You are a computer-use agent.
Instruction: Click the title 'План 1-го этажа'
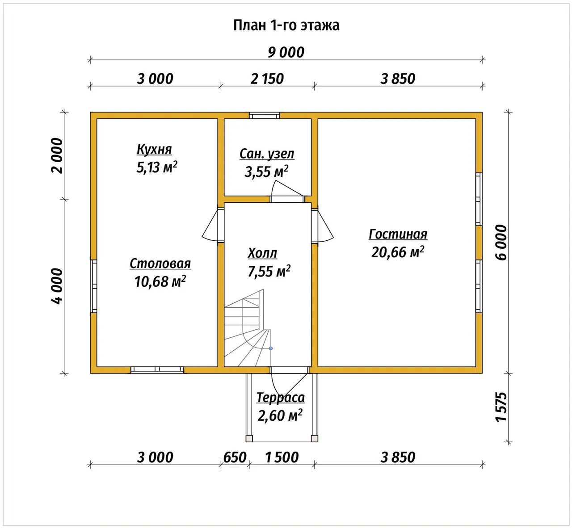tap(286, 25)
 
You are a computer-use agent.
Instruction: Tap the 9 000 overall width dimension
tap(286, 52)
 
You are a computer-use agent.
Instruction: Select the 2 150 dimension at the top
tap(267, 79)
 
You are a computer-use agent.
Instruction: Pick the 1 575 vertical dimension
tap(501, 407)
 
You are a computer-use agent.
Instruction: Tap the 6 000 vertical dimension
tap(501, 243)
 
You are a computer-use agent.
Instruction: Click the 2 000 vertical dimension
tap(57, 155)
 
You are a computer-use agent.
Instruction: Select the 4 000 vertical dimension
tap(57, 286)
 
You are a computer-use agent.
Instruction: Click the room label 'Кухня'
tap(154, 149)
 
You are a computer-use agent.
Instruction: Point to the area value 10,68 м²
tap(160, 281)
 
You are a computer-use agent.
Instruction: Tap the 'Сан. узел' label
tap(267, 154)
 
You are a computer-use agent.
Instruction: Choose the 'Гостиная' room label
tap(398, 234)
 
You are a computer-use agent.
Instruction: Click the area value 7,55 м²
tap(269, 271)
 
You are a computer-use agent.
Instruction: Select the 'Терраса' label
tap(280, 398)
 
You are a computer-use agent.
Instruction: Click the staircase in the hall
tap(248, 328)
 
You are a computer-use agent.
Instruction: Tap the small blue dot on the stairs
tap(271, 348)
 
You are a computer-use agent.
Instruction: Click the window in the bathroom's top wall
tap(265, 116)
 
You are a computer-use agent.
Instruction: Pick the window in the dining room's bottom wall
tap(157, 370)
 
